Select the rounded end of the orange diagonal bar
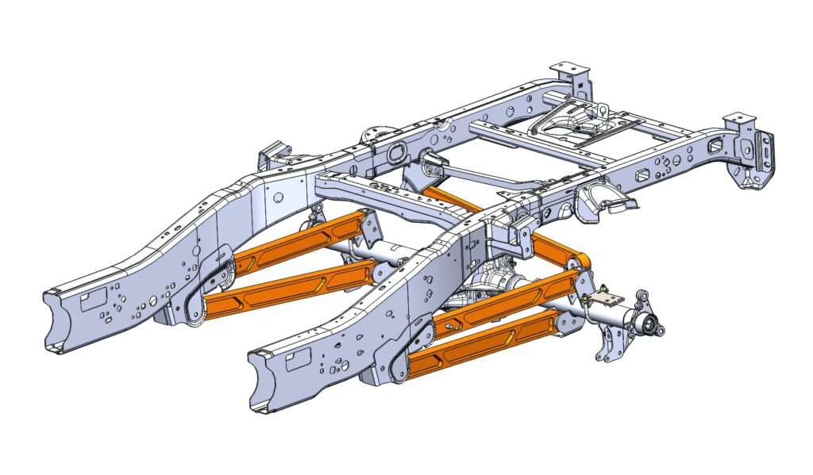(x=574, y=261)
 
